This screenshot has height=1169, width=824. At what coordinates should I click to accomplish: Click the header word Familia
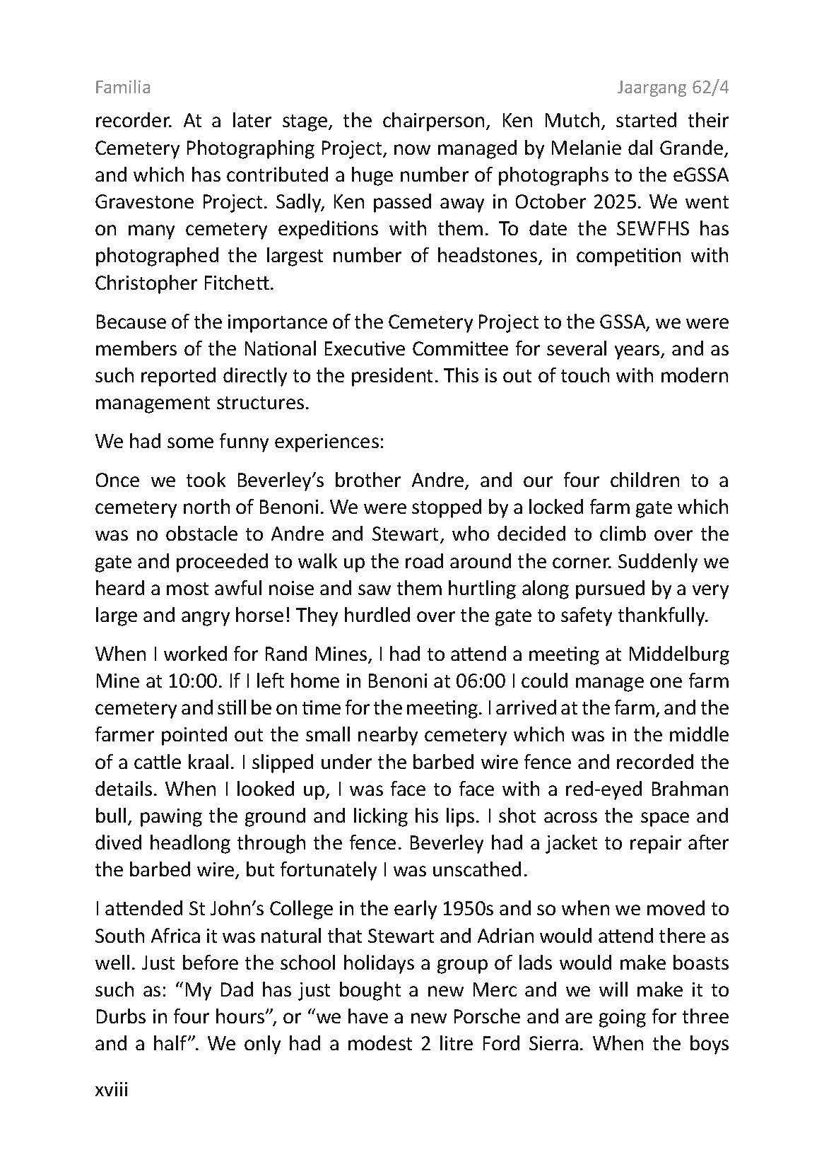click(x=122, y=88)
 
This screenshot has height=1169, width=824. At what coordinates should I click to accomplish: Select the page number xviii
click(x=111, y=1090)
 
